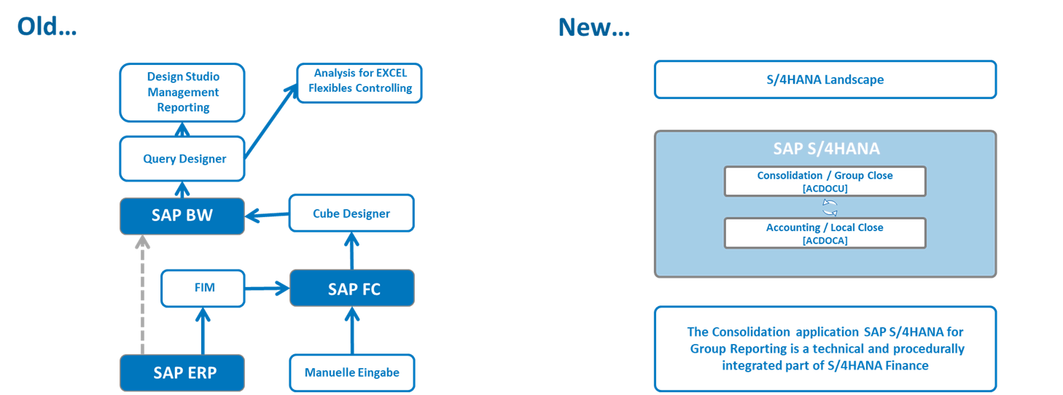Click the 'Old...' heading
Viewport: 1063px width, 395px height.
coord(47,27)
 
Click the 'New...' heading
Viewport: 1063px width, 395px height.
coord(593,27)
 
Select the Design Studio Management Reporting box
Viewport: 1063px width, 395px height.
coord(182,92)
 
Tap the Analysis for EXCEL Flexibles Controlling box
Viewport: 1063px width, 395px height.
coord(359,82)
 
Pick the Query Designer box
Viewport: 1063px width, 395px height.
coord(182,159)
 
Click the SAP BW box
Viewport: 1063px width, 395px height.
coord(182,216)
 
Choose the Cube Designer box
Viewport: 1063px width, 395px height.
coord(351,214)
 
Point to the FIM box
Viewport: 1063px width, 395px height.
coord(203,289)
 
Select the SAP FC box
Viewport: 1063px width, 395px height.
coord(352,289)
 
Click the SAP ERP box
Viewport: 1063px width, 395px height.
coord(182,372)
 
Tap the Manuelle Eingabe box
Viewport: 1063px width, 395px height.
coord(351,372)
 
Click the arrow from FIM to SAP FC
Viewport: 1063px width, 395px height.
coord(268,289)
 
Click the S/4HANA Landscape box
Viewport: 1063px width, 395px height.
coord(825,79)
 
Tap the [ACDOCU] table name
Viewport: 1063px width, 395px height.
coord(825,189)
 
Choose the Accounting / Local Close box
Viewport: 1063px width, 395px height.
coord(825,233)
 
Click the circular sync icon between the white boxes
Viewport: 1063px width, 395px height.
coord(829,207)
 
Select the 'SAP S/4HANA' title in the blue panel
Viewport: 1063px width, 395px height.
coord(825,149)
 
